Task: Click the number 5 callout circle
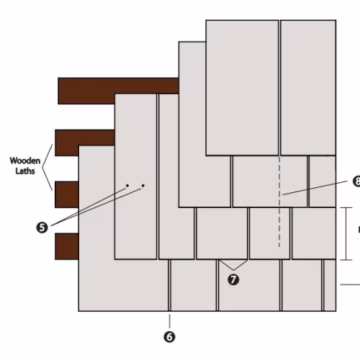(42, 228)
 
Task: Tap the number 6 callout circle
(169, 337)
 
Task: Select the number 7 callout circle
(233, 279)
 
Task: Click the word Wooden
(25, 161)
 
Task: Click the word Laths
(25, 171)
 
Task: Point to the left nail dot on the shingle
(127, 186)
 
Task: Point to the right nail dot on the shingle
(143, 186)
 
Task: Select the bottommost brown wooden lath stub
(67, 246)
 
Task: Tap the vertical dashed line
(279, 202)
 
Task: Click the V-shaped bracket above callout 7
(233, 265)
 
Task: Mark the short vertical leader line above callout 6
(170, 321)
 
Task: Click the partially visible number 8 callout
(356, 181)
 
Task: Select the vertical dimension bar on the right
(346, 233)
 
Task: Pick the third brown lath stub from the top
(67, 194)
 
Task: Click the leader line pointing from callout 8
(315, 188)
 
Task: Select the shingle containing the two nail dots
(136, 176)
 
